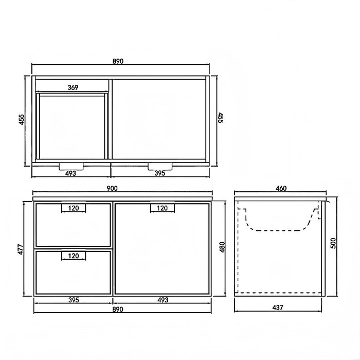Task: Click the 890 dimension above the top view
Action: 118,61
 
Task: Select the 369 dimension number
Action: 73,87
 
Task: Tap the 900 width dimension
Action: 112,188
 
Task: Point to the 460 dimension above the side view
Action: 281,188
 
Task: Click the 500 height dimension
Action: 333,243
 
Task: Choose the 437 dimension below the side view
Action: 278,307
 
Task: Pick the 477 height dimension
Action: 21,249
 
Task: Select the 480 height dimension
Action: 223,247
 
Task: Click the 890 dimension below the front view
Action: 118,309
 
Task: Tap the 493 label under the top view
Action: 70,173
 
